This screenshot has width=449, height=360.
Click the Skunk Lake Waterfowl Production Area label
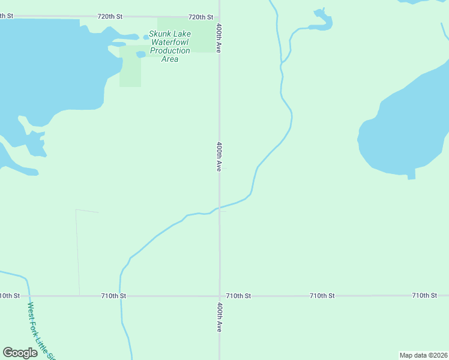click(170, 46)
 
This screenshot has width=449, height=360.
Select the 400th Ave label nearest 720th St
click(220, 38)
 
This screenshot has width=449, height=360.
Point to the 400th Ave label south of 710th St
click(220, 317)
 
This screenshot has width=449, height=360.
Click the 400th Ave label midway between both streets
click(220, 157)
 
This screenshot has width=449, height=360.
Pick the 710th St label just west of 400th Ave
click(113, 296)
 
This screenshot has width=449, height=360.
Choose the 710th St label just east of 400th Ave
click(238, 296)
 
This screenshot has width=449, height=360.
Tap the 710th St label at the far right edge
click(424, 296)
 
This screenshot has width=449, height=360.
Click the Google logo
click(20, 353)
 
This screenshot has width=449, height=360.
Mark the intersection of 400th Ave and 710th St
click(220, 296)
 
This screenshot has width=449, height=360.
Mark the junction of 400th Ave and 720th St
click(219, 17)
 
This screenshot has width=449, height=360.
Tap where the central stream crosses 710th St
click(120, 296)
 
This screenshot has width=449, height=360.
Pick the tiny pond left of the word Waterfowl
click(141, 54)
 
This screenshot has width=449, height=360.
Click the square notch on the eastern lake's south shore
click(411, 175)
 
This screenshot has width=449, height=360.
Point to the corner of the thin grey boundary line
click(76, 210)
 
